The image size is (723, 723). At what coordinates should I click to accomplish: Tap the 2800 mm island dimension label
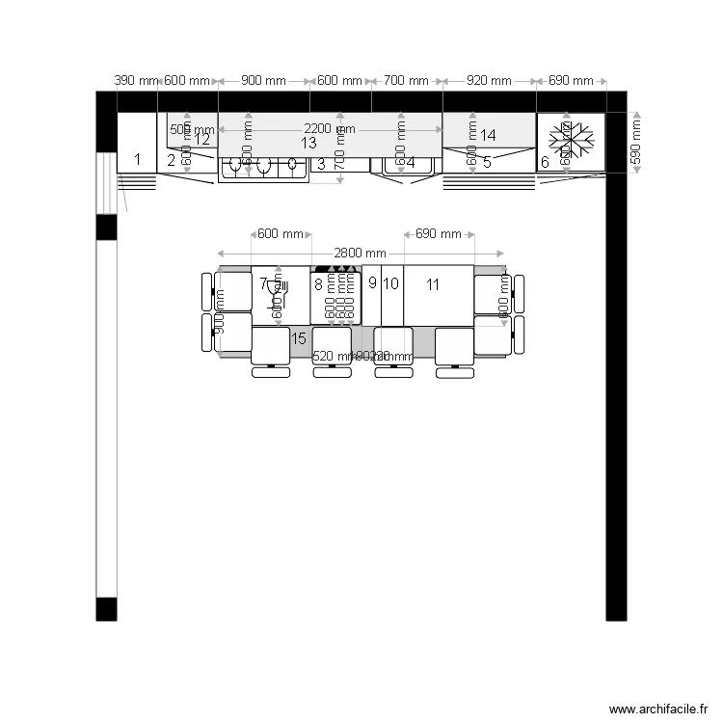(361, 254)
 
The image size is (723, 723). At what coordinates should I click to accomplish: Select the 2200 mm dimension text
(330, 129)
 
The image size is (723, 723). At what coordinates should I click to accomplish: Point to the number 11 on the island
(433, 283)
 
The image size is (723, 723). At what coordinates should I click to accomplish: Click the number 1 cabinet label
(137, 159)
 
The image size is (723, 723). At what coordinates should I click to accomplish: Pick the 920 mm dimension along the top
(489, 81)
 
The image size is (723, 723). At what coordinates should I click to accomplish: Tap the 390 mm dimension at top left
(136, 81)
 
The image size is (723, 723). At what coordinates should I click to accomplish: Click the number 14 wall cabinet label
(488, 135)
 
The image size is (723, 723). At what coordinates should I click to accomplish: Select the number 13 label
(308, 143)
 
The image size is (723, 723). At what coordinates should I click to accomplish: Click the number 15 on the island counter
(299, 337)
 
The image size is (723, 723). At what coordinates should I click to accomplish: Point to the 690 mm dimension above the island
(439, 234)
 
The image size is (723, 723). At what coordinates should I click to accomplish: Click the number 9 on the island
(372, 282)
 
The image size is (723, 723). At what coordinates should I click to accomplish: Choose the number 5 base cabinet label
(487, 162)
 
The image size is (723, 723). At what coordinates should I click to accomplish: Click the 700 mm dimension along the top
(406, 81)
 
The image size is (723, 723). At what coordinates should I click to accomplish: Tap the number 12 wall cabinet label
(202, 139)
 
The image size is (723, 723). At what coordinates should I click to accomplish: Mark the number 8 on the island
(318, 283)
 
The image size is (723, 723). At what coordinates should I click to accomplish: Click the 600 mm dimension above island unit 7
(281, 234)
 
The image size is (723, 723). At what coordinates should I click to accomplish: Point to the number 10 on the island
(390, 283)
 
